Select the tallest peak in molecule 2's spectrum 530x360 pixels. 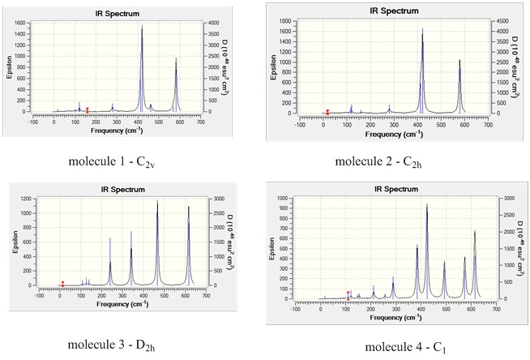tap(421, 31)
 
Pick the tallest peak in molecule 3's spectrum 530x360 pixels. tap(157, 201)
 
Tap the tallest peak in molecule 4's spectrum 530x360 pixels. tap(426, 205)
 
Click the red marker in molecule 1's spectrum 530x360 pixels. tap(87, 109)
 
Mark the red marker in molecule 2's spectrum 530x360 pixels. tap(327, 112)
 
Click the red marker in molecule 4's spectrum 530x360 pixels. tap(348, 295)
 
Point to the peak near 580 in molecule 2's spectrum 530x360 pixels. tap(459, 61)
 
